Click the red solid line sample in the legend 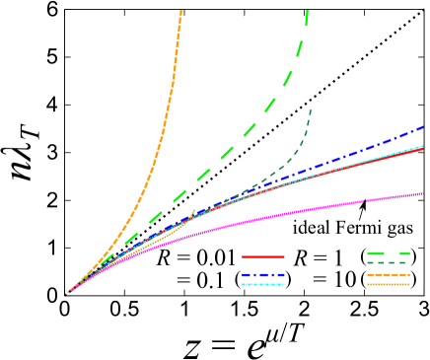tap(262, 256)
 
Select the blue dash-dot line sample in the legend tap(262, 275)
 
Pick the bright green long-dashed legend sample tap(388, 253)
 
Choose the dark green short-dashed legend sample tap(387, 263)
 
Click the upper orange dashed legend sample tap(388, 275)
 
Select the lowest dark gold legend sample tap(388, 284)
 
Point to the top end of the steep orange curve tap(180, 11)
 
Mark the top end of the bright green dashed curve tap(307, 11)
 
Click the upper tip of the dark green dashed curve tap(311, 109)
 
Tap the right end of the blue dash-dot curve tap(423, 127)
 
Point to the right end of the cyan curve tap(423, 146)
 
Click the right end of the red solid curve tap(423, 149)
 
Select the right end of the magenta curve tap(423, 193)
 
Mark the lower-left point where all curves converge tap(68, 292)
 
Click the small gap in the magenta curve tap(364, 201)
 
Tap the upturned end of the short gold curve tap(194, 209)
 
